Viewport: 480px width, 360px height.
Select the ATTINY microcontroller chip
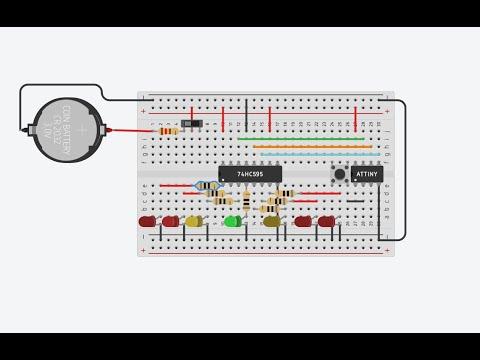click(x=367, y=173)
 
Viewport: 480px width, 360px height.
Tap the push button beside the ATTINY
click(x=339, y=174)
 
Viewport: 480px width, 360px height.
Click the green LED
click(x=232, y=221)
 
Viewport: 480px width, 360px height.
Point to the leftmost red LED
click(x=147, y=220)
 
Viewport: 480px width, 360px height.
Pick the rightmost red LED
click(x=326, y=220)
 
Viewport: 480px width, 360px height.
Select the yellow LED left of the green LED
click(x=193, y=221)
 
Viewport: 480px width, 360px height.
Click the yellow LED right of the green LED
click(x=272, y=221)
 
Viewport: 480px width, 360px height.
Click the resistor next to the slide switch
click(x=168, y=130)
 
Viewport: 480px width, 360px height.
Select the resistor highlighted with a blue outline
click(x=207, y=186)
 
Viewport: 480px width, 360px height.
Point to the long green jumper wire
click(x=300, y=138)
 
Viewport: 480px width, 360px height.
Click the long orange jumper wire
click(x=312, y=146)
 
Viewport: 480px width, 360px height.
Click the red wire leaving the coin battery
click(x=130, y=130)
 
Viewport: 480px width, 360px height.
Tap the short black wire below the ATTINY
click(x=356, y=201)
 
